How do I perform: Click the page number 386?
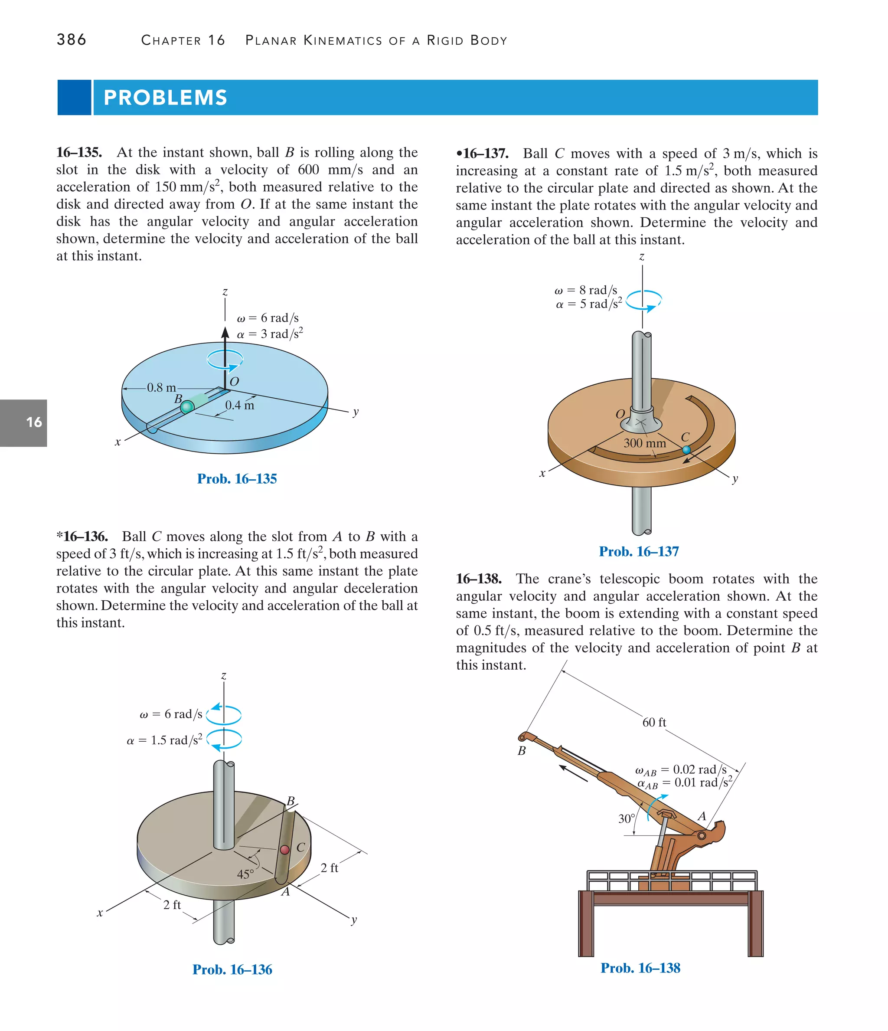pyautogui.click(x=72, y=40)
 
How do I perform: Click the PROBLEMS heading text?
pyautogui.click(x=165, y=98)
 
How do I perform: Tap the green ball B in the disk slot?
pyautogui.click(x=187, y=407)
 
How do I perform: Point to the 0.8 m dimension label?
pyautogui.click(x=161, y=388)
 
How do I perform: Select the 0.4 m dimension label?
pyautogui.click(x=239, y=405)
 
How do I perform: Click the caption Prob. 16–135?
pyautogui.click(x=237, y=479)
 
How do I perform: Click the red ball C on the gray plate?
pyautogui.click(x=284, y=849)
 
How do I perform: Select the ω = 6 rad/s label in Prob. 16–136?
pyautogui.click(x=171, y=714)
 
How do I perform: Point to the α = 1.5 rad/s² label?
pyautogui.click(x=165, y=740)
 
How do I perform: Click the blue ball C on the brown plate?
pyautogui.click(x=686, y=450)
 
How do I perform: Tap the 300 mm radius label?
pyautogui.click(x=645, y=443)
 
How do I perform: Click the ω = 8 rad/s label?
pyautogui.click(x=586, y=290)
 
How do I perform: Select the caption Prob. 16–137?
pyautogui.click(x=639, y=551)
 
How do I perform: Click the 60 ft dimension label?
pyautogui.click(x=654, y=722)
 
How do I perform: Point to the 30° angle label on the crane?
pyautogui.click(x=626, y=818)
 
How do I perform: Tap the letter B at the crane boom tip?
pyautogui.click(x=521, y=750)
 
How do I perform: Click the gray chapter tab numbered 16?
pyautogui.click(x=24, y=422)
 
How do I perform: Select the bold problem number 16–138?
pyautogui.click(x=479, y=579)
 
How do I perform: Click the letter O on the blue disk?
pyautogui.click(x=234, y=382)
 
